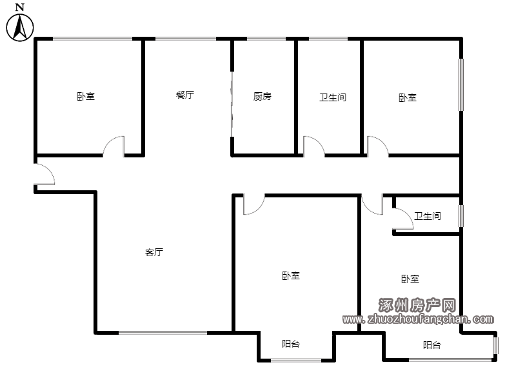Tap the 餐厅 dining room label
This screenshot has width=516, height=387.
pyautogui.click(x=185, y=95)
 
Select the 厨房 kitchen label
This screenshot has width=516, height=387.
pyautogui.click(x=263, y=96)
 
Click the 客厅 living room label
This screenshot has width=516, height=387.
pyautogui.click(x=154, y=252)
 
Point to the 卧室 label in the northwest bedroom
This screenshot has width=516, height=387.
pyautogui.click(x=86, y=96)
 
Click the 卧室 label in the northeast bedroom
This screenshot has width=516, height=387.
pyautogui.click(x=408, y=97)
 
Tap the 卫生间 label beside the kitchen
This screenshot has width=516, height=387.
pyautogui.click(x=333, y=97)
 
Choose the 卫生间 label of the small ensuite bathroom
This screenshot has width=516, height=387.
pyautogui.click(x=428, y=216)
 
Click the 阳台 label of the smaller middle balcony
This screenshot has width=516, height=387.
pyautogui.click(x=291, y=344)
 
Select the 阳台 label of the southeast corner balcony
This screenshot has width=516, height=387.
pyautogui.click(x=432, y=345)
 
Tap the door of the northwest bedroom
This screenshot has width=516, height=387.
pyautogui.click(x=114, y=146)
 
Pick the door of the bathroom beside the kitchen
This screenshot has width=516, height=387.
pyautogui.click(x=313, y=146)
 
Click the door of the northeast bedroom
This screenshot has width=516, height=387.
pyautogui.click(x=378, y=146)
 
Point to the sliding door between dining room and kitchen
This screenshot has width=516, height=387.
pyautogui.click(x=232, y=104)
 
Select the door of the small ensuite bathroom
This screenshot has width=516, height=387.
pyautogui.click(x=402, y=219)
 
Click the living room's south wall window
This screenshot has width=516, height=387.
pyautogui.click(x=163, y=333)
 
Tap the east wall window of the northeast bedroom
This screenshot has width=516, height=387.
pyautogui.click(x=461, y=84)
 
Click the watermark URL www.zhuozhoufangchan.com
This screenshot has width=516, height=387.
pyautogui.click(x=418, y=319)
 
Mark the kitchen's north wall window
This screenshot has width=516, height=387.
pyautogui.click(x=266, y=39)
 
